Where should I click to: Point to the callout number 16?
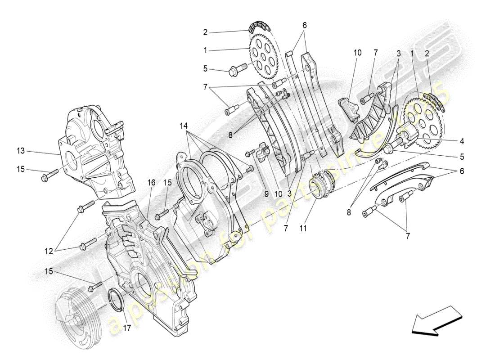tap(152, 183)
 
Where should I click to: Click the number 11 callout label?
tap(303, 229)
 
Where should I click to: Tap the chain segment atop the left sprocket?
tap(256, 25)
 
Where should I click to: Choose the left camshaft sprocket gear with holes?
tap(263, 57)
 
